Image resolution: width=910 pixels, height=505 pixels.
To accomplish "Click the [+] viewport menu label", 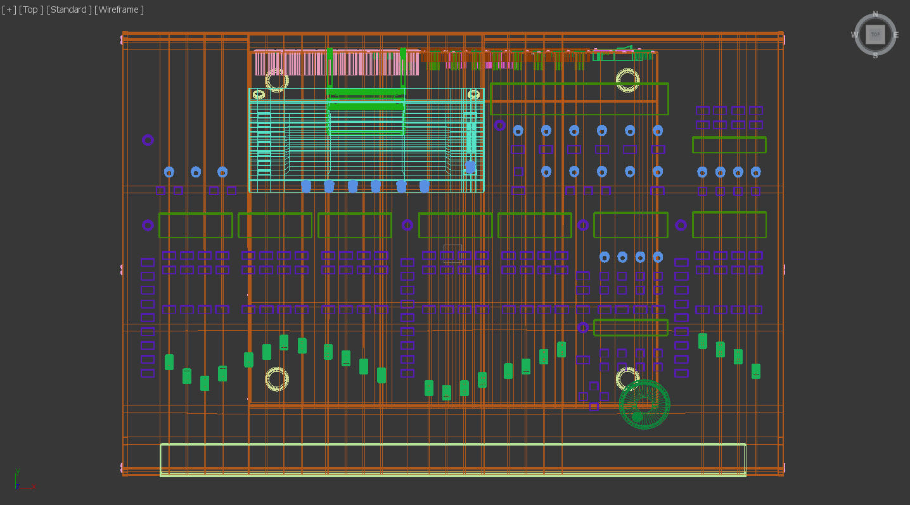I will [9, 10].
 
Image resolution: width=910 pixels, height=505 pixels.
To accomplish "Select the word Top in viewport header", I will [30, 10].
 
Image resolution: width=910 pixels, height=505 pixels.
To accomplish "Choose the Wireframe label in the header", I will [119, 10].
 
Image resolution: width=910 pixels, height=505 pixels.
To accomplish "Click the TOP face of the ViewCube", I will [875, 34].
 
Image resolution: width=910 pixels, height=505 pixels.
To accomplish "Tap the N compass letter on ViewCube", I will [875, 14].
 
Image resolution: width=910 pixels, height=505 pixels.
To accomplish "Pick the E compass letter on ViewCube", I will [896, 35].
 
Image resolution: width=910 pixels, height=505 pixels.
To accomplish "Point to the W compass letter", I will [854, 35].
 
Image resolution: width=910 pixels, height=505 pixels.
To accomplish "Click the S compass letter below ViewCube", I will [875, 56].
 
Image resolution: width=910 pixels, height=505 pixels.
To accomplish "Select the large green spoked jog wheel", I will [644, 404].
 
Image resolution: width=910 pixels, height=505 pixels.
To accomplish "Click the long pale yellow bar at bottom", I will [452, 459].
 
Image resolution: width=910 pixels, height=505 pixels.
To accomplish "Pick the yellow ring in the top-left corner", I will [277, 80].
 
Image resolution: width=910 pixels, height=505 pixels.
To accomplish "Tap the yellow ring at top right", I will [627, 80].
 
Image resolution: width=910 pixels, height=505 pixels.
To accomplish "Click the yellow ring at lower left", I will [277, 379].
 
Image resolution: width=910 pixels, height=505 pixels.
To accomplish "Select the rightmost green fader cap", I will [755, 371].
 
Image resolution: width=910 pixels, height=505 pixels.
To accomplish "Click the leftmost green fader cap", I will [169, 362].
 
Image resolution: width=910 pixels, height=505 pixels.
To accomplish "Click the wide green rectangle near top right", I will [579, 99].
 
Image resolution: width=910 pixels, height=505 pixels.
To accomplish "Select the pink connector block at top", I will [336, 63].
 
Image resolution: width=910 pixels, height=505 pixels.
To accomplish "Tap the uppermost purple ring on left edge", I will [148, 140].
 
